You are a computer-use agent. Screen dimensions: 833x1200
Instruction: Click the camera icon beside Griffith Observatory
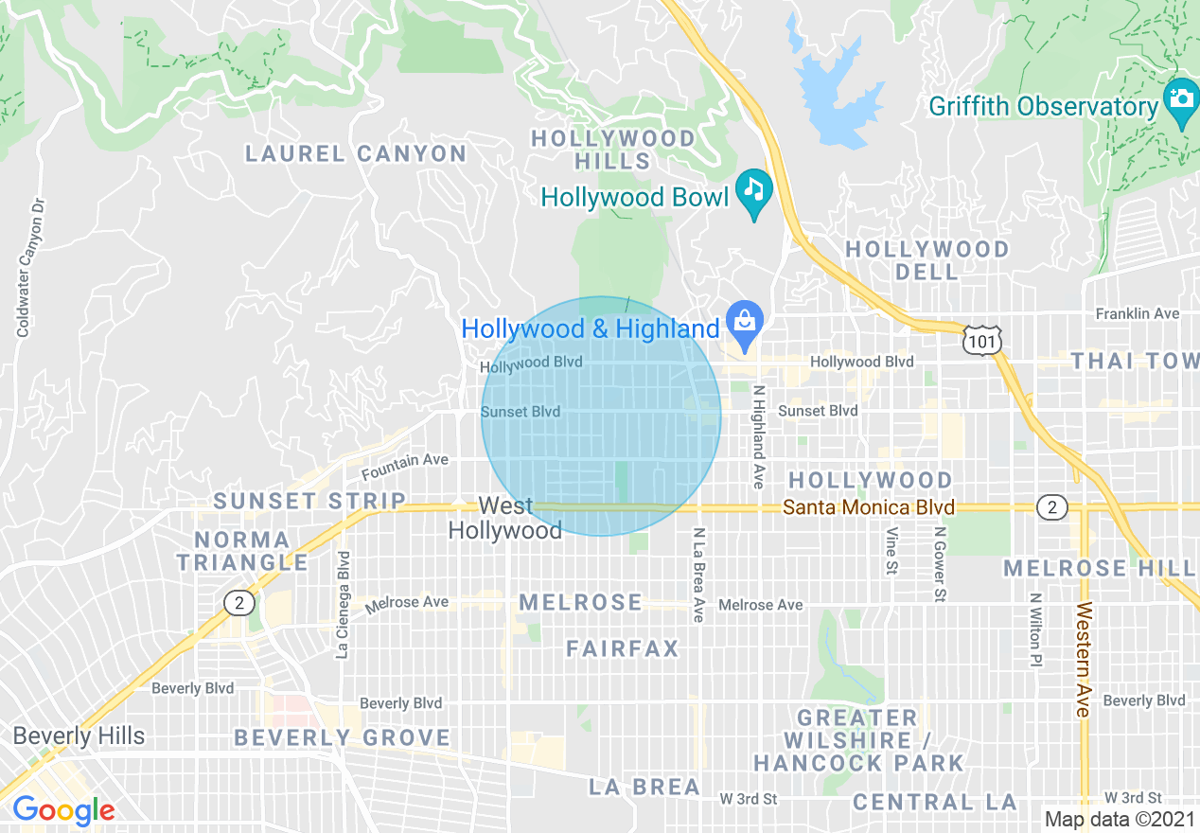coord(1180,98)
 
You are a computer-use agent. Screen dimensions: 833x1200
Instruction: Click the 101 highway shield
coord(981,341)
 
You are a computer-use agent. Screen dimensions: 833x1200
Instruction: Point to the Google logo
coord(63,810)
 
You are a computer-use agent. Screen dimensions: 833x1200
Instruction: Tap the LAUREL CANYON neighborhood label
coord(356,153)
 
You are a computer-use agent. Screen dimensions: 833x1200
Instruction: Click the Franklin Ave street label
coord(1138,313)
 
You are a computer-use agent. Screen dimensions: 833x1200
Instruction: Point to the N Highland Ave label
coord(758,436)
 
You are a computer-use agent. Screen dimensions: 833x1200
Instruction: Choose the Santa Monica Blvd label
coord(868,508)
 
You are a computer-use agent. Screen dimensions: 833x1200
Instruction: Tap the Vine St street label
coord(891,551)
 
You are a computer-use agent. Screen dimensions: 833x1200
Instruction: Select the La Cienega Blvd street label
coord(343,605)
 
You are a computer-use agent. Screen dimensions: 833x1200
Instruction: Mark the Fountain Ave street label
coord(404,465)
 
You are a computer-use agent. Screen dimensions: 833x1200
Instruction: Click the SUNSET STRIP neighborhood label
coord(309,501)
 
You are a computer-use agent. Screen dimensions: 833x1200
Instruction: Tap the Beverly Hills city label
coord(79,736)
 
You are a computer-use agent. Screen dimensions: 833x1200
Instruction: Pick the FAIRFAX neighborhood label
coord(623,648)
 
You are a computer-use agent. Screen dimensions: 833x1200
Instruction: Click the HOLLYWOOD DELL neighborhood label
coord(926,260)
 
